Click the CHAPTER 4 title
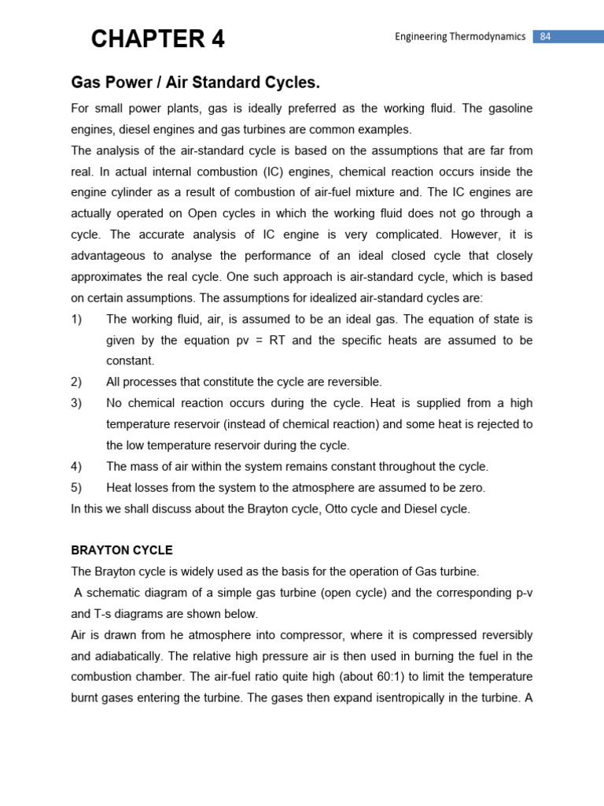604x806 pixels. pyautogui.click(x=157, y=39)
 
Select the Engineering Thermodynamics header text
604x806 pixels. pyautogui.click(x=459, y=36)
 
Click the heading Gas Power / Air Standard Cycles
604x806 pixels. pyautogui.click(x=196, y=83)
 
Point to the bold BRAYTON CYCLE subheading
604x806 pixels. pyautogui.click(x=122, y=550)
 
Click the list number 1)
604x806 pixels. pyautogui.click(x=76, y=319)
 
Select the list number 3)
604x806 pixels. pyautogui.click(x=76, y=403)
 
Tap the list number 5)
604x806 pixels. pyautogui.click(x=76, y=487)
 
